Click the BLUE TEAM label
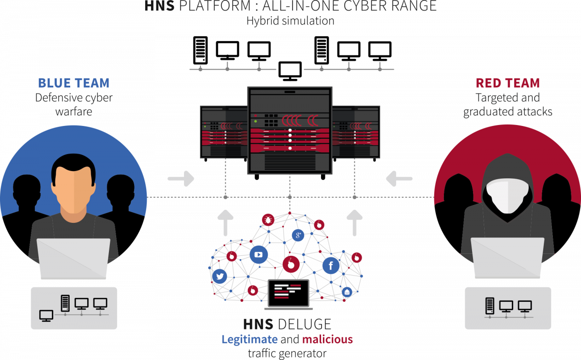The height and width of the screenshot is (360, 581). point(74,83)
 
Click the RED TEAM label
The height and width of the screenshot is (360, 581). point(507,83)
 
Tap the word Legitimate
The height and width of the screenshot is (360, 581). point(249,339)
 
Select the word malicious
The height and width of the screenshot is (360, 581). point(327,339)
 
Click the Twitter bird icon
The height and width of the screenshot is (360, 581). point(220,276)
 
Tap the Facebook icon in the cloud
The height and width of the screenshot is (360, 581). point(331,265)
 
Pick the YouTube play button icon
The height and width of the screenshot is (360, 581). point(259,254)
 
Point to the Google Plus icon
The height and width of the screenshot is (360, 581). point(298,235)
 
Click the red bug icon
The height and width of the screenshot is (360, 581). point(268,219)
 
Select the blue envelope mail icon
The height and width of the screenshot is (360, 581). point(347,292)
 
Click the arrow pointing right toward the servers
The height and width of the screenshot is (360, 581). point(181,179)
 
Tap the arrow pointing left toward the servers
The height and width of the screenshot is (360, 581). point(399,179)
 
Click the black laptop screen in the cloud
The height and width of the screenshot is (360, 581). point(289,292)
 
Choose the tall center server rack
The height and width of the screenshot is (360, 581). point(290,130)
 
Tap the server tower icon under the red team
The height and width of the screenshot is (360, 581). point(490,306)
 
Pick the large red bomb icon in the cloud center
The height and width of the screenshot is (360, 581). point(291,264)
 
